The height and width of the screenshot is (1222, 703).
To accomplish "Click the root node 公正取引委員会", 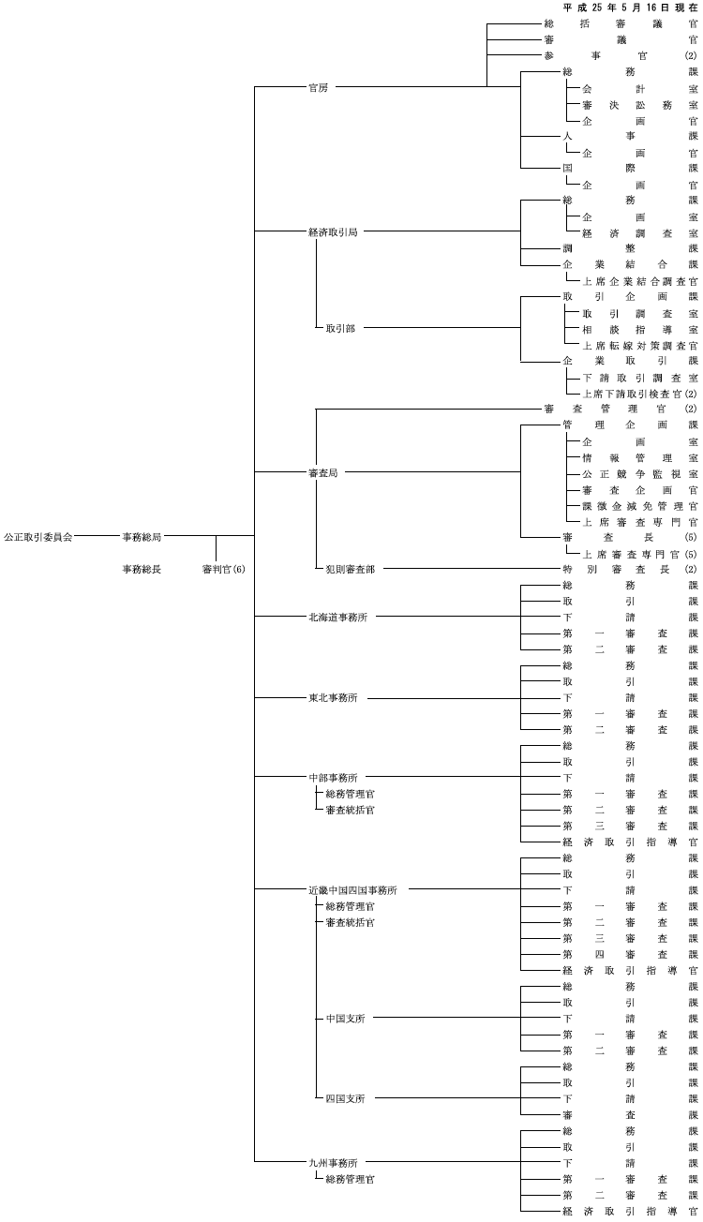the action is [x=38, y=537].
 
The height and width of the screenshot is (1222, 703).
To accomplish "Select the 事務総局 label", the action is [x=142, y=537].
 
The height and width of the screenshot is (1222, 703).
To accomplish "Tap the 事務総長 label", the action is [x=142, y=570].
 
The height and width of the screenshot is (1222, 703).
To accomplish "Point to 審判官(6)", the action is [x=224, y=570].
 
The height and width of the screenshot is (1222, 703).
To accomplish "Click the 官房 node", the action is [x=319, y=88].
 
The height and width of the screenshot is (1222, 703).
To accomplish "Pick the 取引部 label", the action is [x=340, y=328].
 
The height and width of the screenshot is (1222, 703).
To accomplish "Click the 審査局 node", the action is [x=323, y=473].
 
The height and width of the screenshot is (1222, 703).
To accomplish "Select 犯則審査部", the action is [x=351, y=570].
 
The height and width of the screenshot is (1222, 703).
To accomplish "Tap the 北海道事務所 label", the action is [x=338, y=618].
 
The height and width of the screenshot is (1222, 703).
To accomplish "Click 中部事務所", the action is [x=333, y=778].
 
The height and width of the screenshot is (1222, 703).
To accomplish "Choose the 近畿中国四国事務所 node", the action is [x=353, y=890].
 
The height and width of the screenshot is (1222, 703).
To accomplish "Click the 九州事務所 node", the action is [x=333, y=1163].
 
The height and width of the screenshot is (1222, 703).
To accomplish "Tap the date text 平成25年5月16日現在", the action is [x=631, y=7].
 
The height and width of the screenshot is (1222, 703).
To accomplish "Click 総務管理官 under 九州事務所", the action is [x=351, y=1180].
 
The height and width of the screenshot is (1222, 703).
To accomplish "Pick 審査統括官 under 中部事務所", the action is [x=351, y=810].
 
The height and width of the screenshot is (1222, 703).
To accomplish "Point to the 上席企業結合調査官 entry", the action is [x=640, y=281].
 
